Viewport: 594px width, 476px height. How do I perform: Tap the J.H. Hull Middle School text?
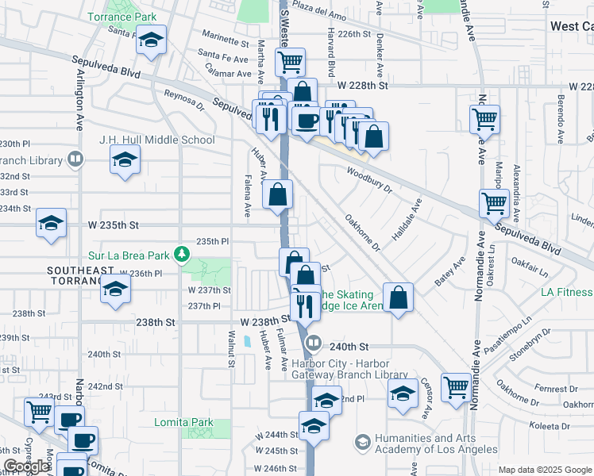pyautogui.click(x=156, y=140)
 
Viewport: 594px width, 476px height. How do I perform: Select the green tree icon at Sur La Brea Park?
pyautogui.click(x=183, y=254)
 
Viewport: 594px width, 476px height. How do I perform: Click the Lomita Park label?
pyautogui.click(x=208, y=421)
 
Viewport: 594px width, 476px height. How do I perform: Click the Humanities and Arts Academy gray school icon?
pyautogui.click(x=363, y=441)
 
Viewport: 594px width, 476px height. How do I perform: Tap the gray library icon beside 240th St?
pyautogui.click(x=314, y=344)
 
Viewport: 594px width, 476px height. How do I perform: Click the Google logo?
pyautogui.click(x=27, y=466)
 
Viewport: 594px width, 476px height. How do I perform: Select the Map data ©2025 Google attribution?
pyautogui.click(x=545, y=470)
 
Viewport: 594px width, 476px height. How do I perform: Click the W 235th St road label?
pyautogui.click(x=113, y=225)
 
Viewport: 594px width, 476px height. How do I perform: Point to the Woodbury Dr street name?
pyautogui.click(x=369, y=179)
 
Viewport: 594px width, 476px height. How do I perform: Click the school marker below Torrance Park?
pyautogui.click(x=149, y=41)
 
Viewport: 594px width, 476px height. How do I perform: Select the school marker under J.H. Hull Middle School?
pyautogui.click(x=124, y=161)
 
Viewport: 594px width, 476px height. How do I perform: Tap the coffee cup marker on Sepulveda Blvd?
pyautogui.click(x=307, y=121)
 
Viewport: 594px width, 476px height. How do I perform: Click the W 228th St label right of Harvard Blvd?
pyautogui.click(x=361, y=85)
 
